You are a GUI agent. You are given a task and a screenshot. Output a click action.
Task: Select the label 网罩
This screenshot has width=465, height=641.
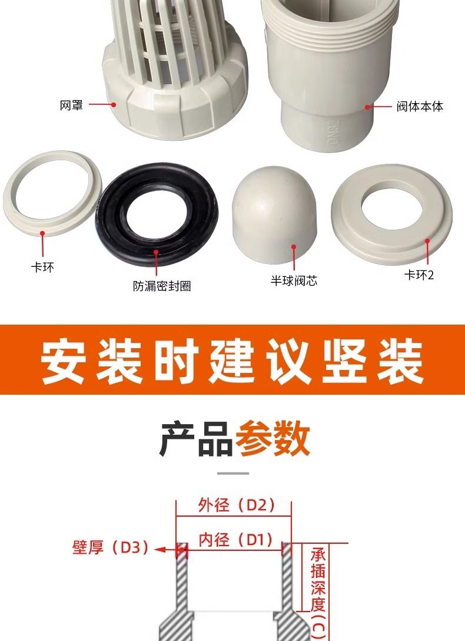coord(71,105)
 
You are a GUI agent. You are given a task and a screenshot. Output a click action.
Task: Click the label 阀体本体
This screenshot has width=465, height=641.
coord(419,107)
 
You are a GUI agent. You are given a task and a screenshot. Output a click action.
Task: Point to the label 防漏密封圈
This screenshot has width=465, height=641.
coord(162,287)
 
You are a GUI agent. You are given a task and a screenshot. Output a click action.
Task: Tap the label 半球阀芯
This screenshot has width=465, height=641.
coord(294,281)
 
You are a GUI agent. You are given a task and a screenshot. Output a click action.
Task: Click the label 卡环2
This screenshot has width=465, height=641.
coord(418,275)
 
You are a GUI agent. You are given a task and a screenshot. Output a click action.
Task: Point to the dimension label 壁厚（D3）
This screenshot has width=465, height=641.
coord(110,548)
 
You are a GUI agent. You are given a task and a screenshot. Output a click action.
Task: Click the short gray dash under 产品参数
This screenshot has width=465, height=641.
coord(233,473)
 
